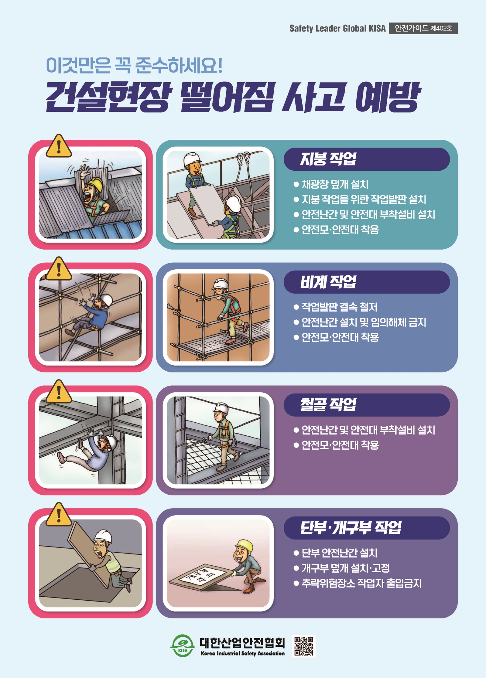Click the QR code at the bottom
tap(304, 646)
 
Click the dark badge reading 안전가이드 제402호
tap(423, 28)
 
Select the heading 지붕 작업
tap(328, 159)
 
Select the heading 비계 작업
tap(328, 282)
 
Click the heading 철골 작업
tap(328, 404)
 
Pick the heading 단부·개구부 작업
tap(351, 527)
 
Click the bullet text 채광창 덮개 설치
tap(335, 184)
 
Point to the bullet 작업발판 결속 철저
tap(339, 307)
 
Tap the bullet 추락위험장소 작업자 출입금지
tap(361, 583)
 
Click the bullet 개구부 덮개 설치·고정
tap(345, 568)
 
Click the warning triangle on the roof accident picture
tap(59, 146)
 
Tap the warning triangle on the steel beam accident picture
tap(59, 392)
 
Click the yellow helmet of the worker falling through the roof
tap(96, 184)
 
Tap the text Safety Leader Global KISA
tap(337, 29)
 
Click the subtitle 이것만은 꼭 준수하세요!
tap(134, 65)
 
